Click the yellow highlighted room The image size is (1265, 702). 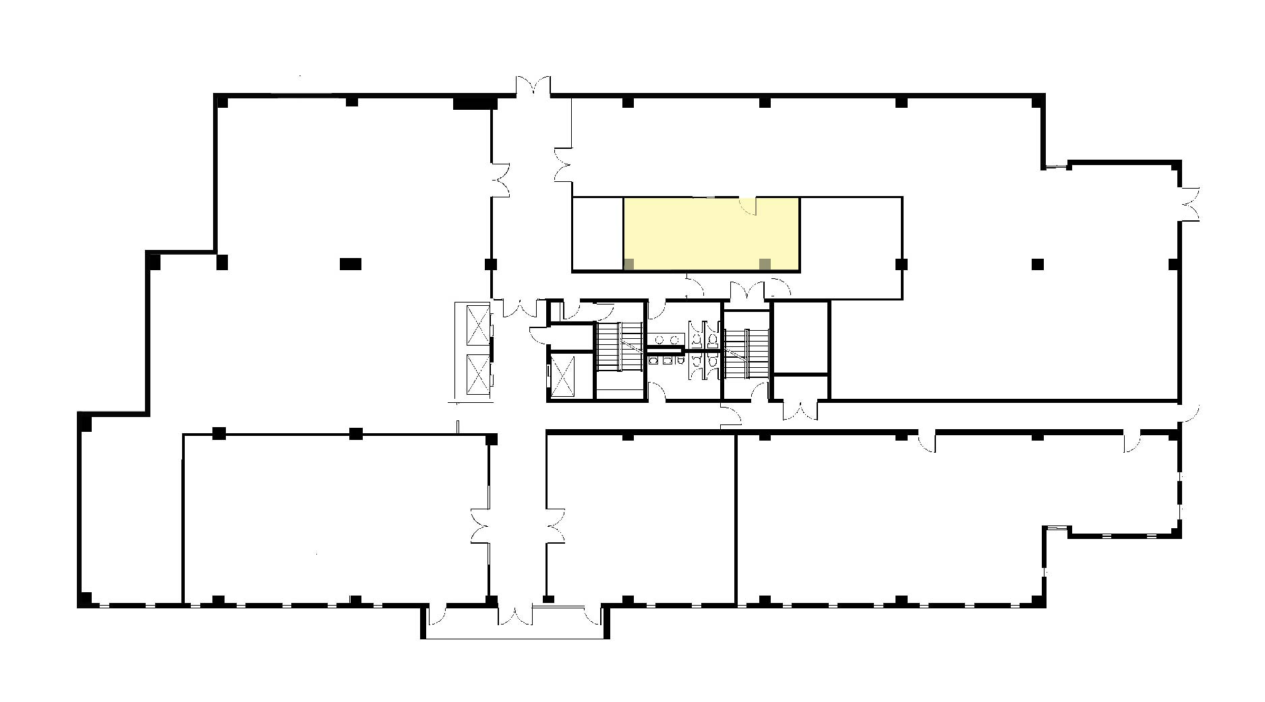point(711,234)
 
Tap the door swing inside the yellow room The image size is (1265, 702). point(748,205)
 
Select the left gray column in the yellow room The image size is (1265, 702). point(628,264)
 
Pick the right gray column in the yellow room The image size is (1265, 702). point(765,264)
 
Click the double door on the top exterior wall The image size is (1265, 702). point(533,88)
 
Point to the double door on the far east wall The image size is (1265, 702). point(1189,203)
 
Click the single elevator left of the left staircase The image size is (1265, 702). point(562,375)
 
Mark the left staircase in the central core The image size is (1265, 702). point(618,346)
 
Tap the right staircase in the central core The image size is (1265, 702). point(746,354)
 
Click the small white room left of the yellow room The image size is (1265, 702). point(597,234)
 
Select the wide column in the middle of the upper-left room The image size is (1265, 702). point(351,263)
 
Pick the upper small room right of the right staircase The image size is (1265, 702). point(800,337)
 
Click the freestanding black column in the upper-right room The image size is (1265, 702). point(1038,263)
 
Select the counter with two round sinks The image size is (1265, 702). point(668,340)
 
